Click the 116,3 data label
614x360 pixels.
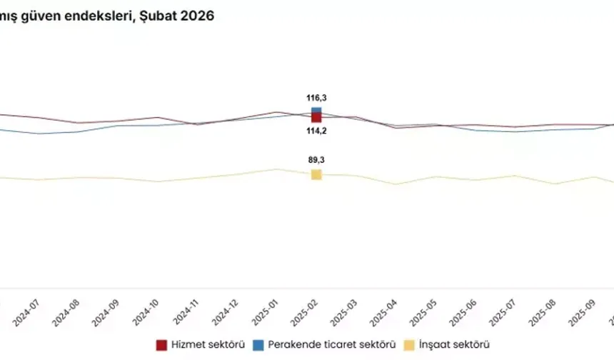[316, 98]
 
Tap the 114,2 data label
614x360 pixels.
[316, 130]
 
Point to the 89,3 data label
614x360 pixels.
[316, 160]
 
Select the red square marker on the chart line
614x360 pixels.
[316, 118]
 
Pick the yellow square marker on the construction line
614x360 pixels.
[316, 174]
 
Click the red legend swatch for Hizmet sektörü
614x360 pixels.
[161, 345]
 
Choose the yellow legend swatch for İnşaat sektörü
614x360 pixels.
[409, 345]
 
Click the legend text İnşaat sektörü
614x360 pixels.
[455, 345]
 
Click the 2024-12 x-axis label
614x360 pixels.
[233, 309]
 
